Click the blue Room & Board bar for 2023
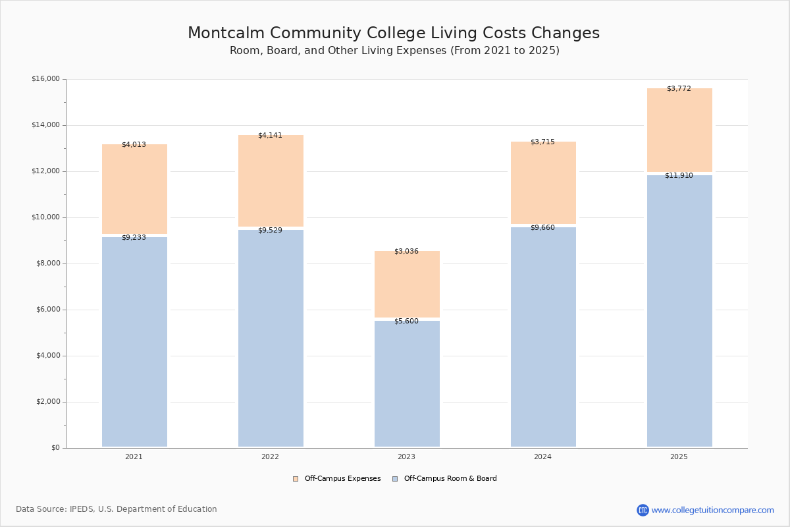407,383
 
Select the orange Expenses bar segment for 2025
679,130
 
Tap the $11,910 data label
679,175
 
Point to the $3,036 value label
406,251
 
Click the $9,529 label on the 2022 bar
270,230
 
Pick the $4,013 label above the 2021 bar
134,144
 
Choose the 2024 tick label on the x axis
542,457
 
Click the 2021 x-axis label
134,457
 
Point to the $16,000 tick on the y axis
46,78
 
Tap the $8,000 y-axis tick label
48,263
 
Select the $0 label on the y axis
56,447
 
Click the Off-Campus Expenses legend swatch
296,479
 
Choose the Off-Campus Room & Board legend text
450,478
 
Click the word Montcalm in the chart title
226,33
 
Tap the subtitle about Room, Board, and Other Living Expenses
394,51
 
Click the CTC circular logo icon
643,510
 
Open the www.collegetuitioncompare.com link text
713,510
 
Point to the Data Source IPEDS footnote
117,509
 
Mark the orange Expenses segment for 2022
271,180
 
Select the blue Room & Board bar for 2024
544,337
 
